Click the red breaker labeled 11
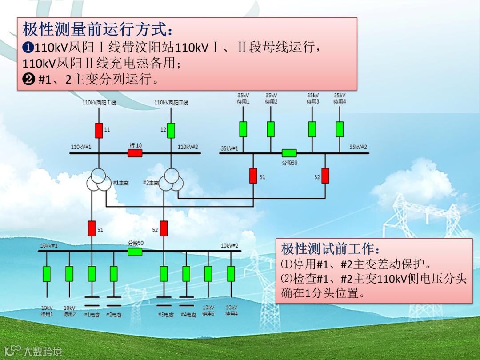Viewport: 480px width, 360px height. click(99, 130)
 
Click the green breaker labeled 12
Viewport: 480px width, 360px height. click(171, 130)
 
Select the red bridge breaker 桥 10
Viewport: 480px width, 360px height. click(135, 153)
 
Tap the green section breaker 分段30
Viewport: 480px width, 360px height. click(289, 153)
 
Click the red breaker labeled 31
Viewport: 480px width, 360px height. click(253, 176)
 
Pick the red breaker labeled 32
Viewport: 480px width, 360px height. click(325, 176)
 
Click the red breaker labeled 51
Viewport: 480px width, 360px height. click(92, 228)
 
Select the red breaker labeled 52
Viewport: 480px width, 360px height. click(164, 228)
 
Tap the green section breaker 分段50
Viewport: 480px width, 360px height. click(135, 252)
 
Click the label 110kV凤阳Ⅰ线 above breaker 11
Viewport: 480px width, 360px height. click(99, 103)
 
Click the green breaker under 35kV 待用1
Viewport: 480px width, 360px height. click(243, 129)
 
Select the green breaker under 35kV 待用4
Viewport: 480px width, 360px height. click(340, 129)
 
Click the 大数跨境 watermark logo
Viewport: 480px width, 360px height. click(33, 351)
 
